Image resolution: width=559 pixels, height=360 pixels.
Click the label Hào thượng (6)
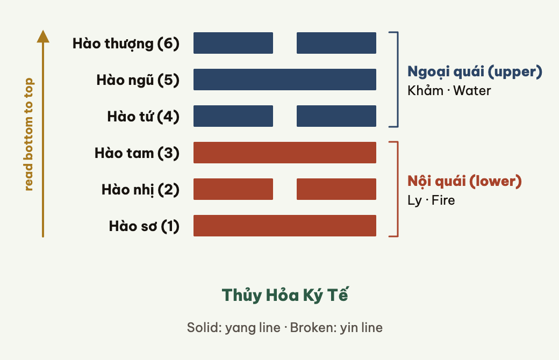click(x=126, y=44)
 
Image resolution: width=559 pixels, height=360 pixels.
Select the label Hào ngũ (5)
click(x=138, y=80)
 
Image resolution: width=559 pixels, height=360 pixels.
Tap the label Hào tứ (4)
click(x=143, y=117)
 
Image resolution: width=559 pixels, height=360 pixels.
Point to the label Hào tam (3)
click(x=137, y=153)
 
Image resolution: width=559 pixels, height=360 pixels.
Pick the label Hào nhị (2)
click(x=140, y=190)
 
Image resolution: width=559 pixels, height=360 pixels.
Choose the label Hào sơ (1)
click(x=144, y=226)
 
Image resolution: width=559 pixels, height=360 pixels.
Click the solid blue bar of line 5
click(x=285, y=80)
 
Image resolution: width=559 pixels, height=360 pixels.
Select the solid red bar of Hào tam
click(x=285, y=153)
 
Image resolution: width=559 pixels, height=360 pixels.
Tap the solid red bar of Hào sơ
click(x=285, y=226)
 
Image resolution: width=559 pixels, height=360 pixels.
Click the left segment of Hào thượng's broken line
click(x=233, y=43)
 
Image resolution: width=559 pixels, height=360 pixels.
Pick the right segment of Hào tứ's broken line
click(x=336, y=116)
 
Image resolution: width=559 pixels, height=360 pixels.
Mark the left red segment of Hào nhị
click(x=233, y=189)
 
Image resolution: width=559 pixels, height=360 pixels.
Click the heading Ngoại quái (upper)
click(x=475, y=71)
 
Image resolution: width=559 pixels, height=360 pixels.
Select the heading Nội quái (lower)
click(x=464, y=181)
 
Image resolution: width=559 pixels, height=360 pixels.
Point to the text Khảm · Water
click(x=449, y=90)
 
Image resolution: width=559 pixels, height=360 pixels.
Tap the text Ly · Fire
click(x=432, y=200)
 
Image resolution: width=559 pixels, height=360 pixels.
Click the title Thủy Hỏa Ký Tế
click(x=285, y=296)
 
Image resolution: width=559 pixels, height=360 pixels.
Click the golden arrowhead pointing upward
click(x=43, y=37)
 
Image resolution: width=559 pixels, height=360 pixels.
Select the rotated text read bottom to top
click(x=28, y=134)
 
